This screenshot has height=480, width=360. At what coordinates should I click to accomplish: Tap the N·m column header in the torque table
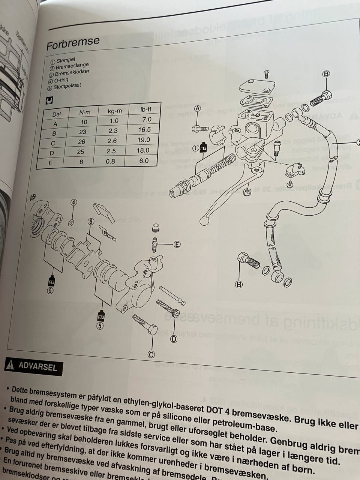85,112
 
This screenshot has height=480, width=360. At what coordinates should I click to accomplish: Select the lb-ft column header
145,109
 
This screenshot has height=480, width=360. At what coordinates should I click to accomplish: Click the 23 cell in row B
83,132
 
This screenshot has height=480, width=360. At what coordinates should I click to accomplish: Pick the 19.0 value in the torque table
144,140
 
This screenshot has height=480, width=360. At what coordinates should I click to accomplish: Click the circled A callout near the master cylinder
198,108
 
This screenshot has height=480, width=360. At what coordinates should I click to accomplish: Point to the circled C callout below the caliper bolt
151,354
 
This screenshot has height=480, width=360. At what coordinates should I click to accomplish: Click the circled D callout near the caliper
174,339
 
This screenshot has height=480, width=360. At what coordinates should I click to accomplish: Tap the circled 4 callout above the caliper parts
74,202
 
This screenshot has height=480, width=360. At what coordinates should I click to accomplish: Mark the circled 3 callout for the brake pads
91,221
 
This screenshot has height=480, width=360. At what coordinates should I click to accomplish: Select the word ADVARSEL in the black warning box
37,366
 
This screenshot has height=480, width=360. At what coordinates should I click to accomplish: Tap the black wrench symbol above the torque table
49,100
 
